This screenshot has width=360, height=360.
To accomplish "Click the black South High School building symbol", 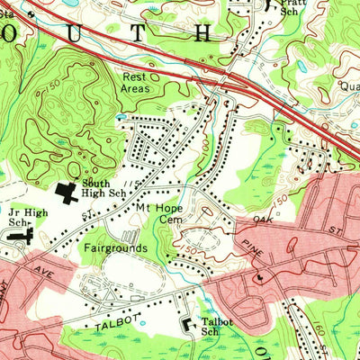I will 67,191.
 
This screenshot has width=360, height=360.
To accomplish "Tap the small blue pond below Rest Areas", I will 121,116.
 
